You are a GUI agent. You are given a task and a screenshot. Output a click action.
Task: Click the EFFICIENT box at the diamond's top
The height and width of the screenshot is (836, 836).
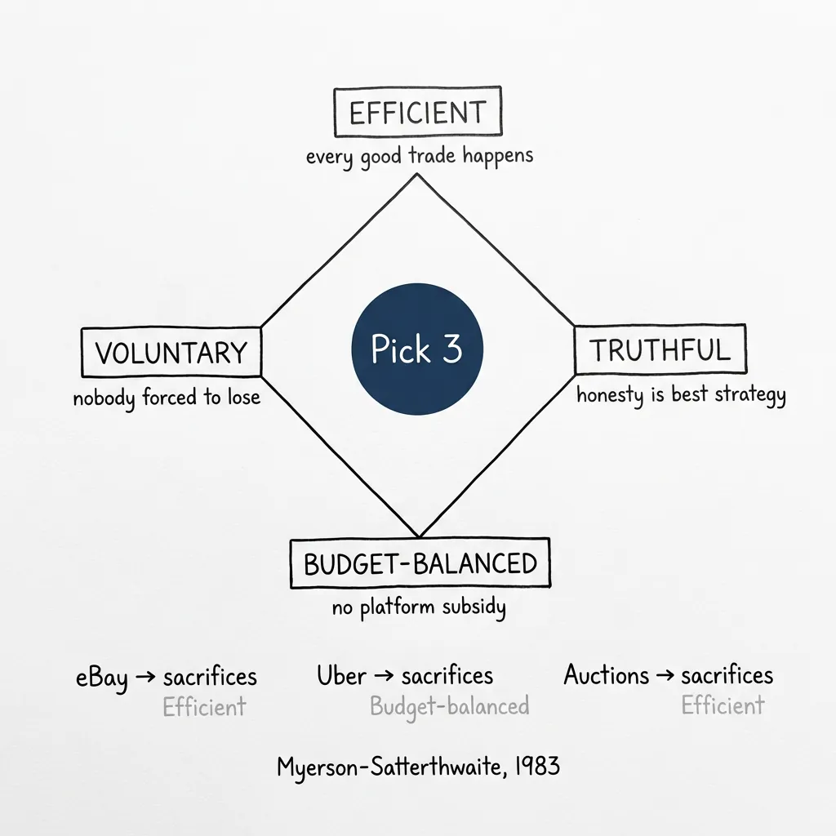pyautogui.click(x=417, y=113)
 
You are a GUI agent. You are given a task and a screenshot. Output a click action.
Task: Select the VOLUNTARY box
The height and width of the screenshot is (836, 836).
pyautogui.click(x=171, y=353)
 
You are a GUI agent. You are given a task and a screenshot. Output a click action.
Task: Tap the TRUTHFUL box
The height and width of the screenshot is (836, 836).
pyautogui.click(x=660, y=349)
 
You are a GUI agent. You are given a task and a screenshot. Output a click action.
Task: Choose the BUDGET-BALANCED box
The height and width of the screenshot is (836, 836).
pyautogui.click(x=420, y=563)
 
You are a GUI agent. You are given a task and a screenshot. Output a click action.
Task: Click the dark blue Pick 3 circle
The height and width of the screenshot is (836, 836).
pyautogui.click(x=417, y=349)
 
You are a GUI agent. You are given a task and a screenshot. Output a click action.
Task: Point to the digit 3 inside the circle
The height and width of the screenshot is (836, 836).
pyautogui.click(x=451, y=349)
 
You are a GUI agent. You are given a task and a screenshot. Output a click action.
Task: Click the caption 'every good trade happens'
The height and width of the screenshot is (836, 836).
pyautogui.click(x=419, y=155)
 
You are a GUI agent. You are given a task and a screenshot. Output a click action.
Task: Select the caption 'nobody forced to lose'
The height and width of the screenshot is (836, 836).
pyautogui.click(x=167, y=398)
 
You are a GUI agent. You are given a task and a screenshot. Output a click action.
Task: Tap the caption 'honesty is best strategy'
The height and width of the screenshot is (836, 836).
pyautogui.click(x=681, y=395)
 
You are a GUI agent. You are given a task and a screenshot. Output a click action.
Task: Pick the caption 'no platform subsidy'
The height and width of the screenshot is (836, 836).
pyautogui.click(x=419, y=607)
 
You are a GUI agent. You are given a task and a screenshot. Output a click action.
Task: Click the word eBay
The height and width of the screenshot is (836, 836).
pyautogui.click(x=102, y=678)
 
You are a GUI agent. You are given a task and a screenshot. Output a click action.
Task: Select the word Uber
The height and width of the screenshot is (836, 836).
pyautogui.click(x=341, y=676)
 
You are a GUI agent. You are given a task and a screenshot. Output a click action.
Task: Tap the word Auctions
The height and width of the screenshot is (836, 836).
pyautogui.click(x=606, y=675)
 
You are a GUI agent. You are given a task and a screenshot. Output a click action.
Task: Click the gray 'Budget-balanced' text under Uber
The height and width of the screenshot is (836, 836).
pyautogui.click(x=449, y=705)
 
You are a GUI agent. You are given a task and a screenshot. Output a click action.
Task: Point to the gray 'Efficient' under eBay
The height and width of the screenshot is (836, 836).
pyautogui.click(x=203, y=706)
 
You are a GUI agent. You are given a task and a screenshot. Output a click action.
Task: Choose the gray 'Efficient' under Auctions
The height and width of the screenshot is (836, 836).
pyautogui.click(x=723, y=705)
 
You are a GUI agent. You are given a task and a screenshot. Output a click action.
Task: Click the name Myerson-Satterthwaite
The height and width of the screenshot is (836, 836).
pyautogui.click(x=389, y=767)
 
